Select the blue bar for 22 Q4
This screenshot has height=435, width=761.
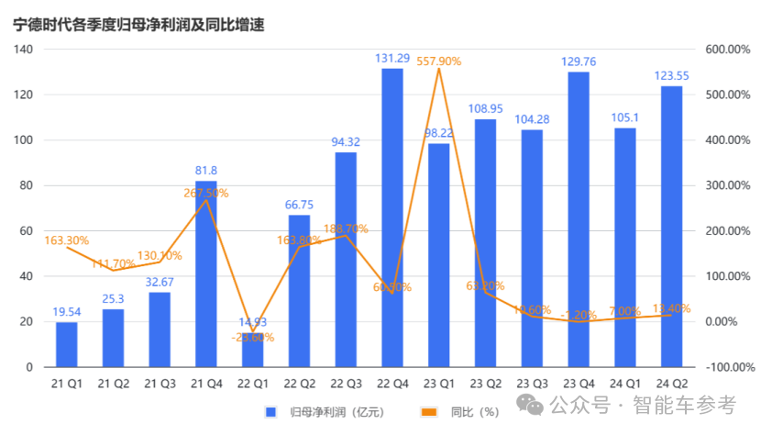(x=392, y=217)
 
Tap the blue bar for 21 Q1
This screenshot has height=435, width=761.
(x=66, y=344)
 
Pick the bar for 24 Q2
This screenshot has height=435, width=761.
(x=671, y=226)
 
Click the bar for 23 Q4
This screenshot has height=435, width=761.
(x=579, y=219)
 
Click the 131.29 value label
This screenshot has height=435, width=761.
(x=392, y=59)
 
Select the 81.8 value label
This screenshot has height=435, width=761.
(x=205, y=171)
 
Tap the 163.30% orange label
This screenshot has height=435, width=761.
(x=66, y=240)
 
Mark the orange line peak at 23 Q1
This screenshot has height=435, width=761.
(x=439, y=69)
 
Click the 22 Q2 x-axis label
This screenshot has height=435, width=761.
(x=299, y=384)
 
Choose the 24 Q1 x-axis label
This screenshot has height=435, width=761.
(x=625, y=384)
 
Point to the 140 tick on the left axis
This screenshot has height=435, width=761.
(x=24, y=50)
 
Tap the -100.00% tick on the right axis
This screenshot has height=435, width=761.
(x=728, y=367)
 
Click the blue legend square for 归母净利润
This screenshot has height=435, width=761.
(x=270, y=412)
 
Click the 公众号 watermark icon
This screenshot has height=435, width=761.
(x=531, y=405)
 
